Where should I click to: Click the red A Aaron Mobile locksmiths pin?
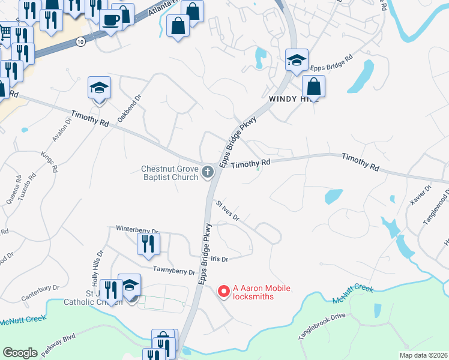pos(223,292)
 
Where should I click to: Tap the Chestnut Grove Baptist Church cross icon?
pos(208,173)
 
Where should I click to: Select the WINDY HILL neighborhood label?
pos(293,99)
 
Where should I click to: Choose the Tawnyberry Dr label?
pos(174,272)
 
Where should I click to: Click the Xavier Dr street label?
pos(420,196)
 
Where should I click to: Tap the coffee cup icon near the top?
pos(111,19)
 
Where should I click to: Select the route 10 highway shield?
pos(80,41)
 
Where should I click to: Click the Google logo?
pos(20,353)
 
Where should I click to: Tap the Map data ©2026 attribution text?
pos(423,355)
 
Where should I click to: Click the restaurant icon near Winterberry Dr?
pos(148,243)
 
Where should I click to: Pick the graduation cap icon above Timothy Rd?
pos(99,88)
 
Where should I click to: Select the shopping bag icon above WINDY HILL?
pos(313,86)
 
